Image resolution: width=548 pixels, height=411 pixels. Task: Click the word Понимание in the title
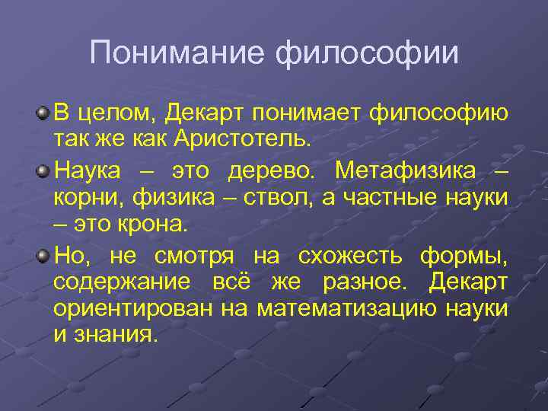click(178, 53)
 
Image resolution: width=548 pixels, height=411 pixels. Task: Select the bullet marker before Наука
click(43, 168)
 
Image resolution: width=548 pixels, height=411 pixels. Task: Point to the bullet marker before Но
click(43, 254)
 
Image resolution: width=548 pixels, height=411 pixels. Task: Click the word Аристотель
click(243, 140)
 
